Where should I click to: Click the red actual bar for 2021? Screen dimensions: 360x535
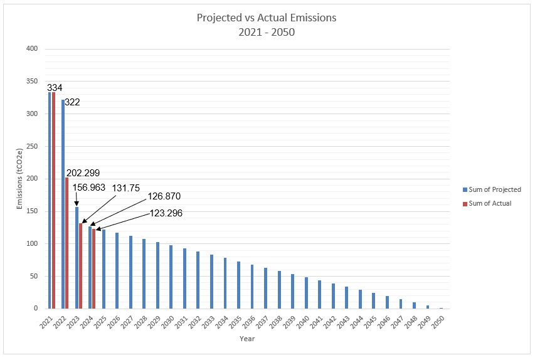click(54, 201)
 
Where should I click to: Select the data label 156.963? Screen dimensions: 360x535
click(88, 187)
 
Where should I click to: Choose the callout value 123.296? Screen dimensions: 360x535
click(166, 213)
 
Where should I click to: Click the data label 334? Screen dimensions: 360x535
click(55, 87)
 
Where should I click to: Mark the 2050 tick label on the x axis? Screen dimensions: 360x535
click(439, 320)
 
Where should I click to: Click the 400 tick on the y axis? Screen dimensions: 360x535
click(32, 49)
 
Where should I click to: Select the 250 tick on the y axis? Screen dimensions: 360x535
click(32, 146)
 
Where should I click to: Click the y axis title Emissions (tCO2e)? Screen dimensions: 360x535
click(19, 179)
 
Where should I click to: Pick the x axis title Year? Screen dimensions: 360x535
click(246, 339)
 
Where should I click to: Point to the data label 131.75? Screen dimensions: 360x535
click(126, 188)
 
